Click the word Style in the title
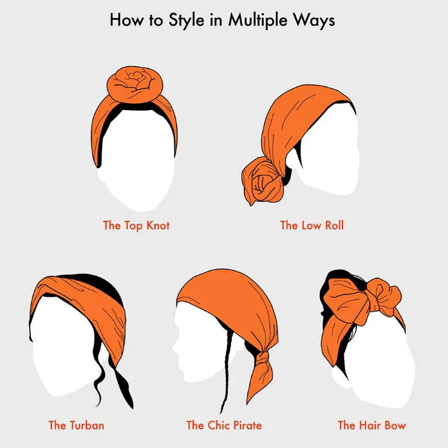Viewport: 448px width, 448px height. (187, 20)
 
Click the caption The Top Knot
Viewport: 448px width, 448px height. (136, 225)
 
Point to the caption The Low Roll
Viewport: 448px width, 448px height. (312, 225)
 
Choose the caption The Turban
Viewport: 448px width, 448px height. (76, 425)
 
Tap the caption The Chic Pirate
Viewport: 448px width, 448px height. (224, 425)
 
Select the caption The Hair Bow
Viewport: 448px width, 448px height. (372, 425)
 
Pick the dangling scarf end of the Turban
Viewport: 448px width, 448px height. (122, 386)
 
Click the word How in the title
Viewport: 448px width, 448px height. (126, 20)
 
